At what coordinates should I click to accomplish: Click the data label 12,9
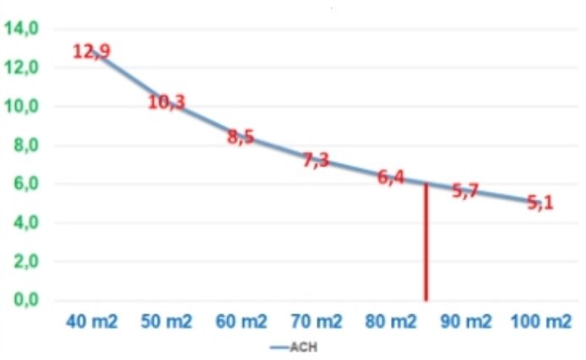coord(90,52)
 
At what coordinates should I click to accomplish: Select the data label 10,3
coord(166,102)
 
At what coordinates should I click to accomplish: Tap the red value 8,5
coord(241,138)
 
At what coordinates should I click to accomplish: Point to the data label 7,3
coord(316,160)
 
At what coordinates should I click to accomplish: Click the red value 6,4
coord(391,177)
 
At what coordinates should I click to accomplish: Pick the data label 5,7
coord(465,191)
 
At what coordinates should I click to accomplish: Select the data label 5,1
coord(540,203)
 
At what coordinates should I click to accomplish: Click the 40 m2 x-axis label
coord(93,322)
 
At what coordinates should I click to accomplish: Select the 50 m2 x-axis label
coord(167,322)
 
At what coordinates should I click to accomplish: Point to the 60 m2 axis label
coord(241,322)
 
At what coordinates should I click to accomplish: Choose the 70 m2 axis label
coord(317,322)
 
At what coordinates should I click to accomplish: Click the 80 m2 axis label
coord(391,322)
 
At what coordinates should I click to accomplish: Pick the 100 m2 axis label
coord(540,322)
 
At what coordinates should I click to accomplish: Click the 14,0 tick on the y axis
coord(22,29)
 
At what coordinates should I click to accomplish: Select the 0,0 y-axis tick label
coord(22,300)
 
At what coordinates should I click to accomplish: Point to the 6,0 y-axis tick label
coord(22,184)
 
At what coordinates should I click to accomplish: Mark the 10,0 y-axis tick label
coord(22,106)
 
